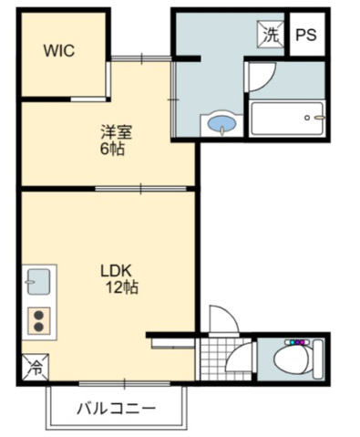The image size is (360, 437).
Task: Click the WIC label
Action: (59, 51)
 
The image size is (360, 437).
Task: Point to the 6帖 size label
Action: (113, 149)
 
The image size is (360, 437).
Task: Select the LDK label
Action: (117, 271)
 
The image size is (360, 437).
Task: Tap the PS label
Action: (306, 36)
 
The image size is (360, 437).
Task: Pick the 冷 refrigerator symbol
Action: (36, 369)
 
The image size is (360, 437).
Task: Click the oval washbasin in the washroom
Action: (221, 122)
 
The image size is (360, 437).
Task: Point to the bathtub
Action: (286, 118)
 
